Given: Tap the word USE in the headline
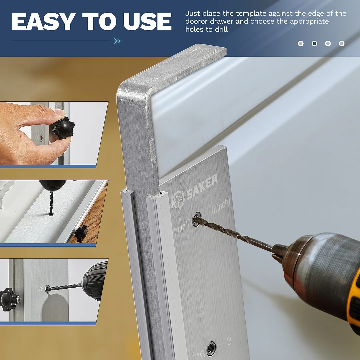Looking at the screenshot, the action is (147, 22).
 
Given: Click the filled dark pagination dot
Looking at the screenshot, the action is (314, 43).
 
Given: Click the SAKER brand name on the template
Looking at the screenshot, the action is (202, 186).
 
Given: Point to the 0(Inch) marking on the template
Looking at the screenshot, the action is (221, 206).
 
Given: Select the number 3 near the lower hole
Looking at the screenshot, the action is (229, 341).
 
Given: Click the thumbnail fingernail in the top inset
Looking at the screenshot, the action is (59, 112).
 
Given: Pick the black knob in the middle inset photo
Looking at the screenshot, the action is (81, 233).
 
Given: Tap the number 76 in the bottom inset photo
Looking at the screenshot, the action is (41, 289).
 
